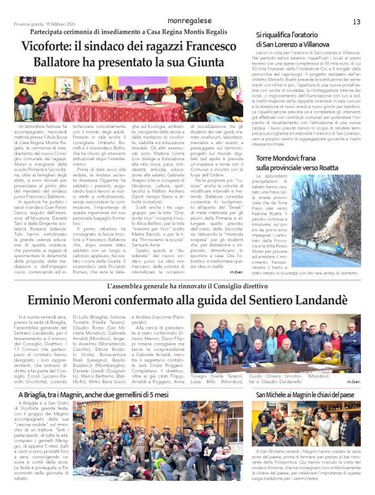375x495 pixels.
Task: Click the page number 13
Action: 356,22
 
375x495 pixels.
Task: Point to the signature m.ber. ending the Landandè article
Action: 353,382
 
